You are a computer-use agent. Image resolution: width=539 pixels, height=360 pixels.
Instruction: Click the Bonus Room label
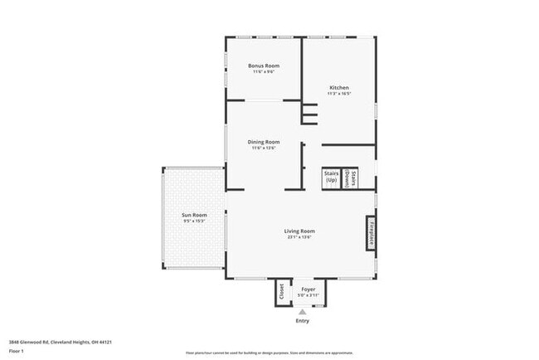tap(264, 66)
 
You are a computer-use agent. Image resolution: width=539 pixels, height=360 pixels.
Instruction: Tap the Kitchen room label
tap(338, 88)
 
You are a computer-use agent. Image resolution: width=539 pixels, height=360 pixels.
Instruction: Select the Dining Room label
tap(264, 142)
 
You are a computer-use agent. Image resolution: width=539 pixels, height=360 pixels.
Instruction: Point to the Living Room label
tap(299, 231)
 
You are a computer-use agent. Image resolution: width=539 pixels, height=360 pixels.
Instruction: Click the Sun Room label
tap(193, 216)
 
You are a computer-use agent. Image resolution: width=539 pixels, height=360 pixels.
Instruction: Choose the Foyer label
tap(308, 289)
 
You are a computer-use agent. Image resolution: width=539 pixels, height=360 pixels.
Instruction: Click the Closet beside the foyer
tap(282, 291)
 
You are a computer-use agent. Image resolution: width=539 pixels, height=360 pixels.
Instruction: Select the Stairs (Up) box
tap(331, 177)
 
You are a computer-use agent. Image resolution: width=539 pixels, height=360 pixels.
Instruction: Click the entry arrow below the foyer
tap(302, 311)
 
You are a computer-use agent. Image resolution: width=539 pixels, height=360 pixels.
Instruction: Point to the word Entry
tap(302, 321)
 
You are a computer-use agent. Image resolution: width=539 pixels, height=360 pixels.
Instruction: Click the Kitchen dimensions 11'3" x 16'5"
tap(338, 95)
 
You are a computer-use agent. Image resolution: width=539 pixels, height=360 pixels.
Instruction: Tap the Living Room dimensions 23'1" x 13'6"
tap(299, 238)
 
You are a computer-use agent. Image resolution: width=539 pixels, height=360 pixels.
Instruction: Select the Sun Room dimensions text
tap(193, 221)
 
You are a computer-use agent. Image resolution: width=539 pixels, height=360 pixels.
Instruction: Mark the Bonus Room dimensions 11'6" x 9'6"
tap(264, 72)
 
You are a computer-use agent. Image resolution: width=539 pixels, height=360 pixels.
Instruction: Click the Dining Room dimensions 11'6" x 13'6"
tap(264, 148)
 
